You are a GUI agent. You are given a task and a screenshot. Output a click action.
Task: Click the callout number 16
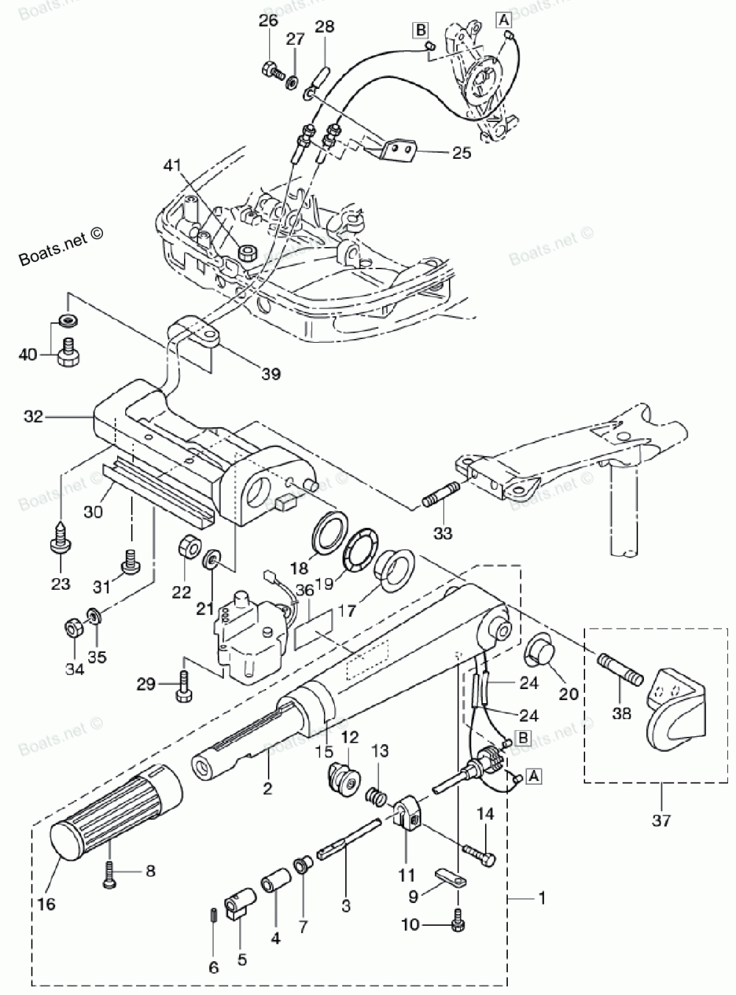tap(46, 904)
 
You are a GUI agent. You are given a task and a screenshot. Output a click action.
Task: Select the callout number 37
tap(661, 820)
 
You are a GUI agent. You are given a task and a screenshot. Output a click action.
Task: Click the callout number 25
tap(462, 153)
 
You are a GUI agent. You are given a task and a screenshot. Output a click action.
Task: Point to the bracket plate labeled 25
tap(399, 151)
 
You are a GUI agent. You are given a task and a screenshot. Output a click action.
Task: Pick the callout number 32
tap(34, 417)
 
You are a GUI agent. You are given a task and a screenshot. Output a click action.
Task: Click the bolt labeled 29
tap(185, 685)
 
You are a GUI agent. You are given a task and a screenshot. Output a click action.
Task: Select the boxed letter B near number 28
tap(421, 30)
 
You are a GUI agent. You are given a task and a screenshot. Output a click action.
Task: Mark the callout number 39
tap(272, 374)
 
